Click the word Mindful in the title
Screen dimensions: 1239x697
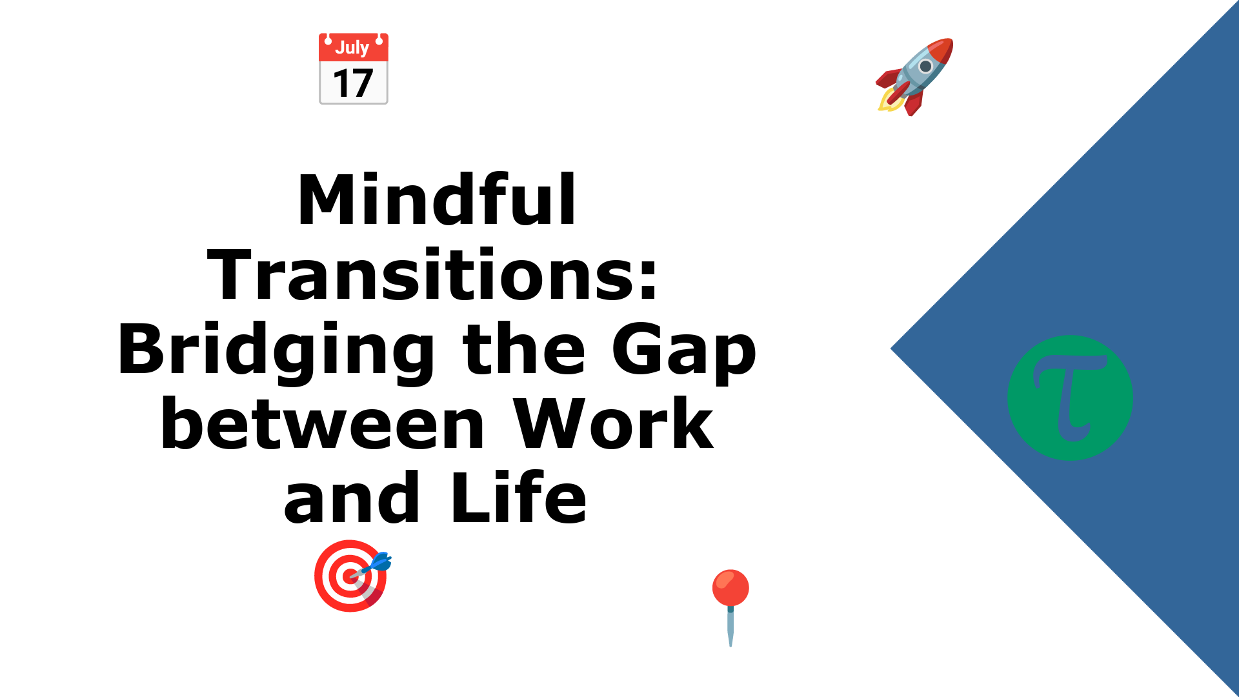(436, 200)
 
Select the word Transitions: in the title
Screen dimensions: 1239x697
(432, 275)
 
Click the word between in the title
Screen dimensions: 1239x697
(323, 424)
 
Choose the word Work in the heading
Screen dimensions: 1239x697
(614, 424)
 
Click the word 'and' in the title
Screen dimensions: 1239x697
(352, 498)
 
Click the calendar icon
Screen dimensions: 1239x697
(354, 68)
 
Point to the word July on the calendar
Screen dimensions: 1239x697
(352, 48)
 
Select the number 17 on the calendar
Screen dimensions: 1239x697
(353, 83)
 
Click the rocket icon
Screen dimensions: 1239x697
(914, 77)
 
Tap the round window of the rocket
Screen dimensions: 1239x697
(925, 66)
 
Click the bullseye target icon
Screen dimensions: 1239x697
(352, 576)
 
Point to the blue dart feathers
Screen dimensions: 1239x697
(381, 561)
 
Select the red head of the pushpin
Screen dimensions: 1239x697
(730, 587)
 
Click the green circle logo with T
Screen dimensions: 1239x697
(1070, 398)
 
